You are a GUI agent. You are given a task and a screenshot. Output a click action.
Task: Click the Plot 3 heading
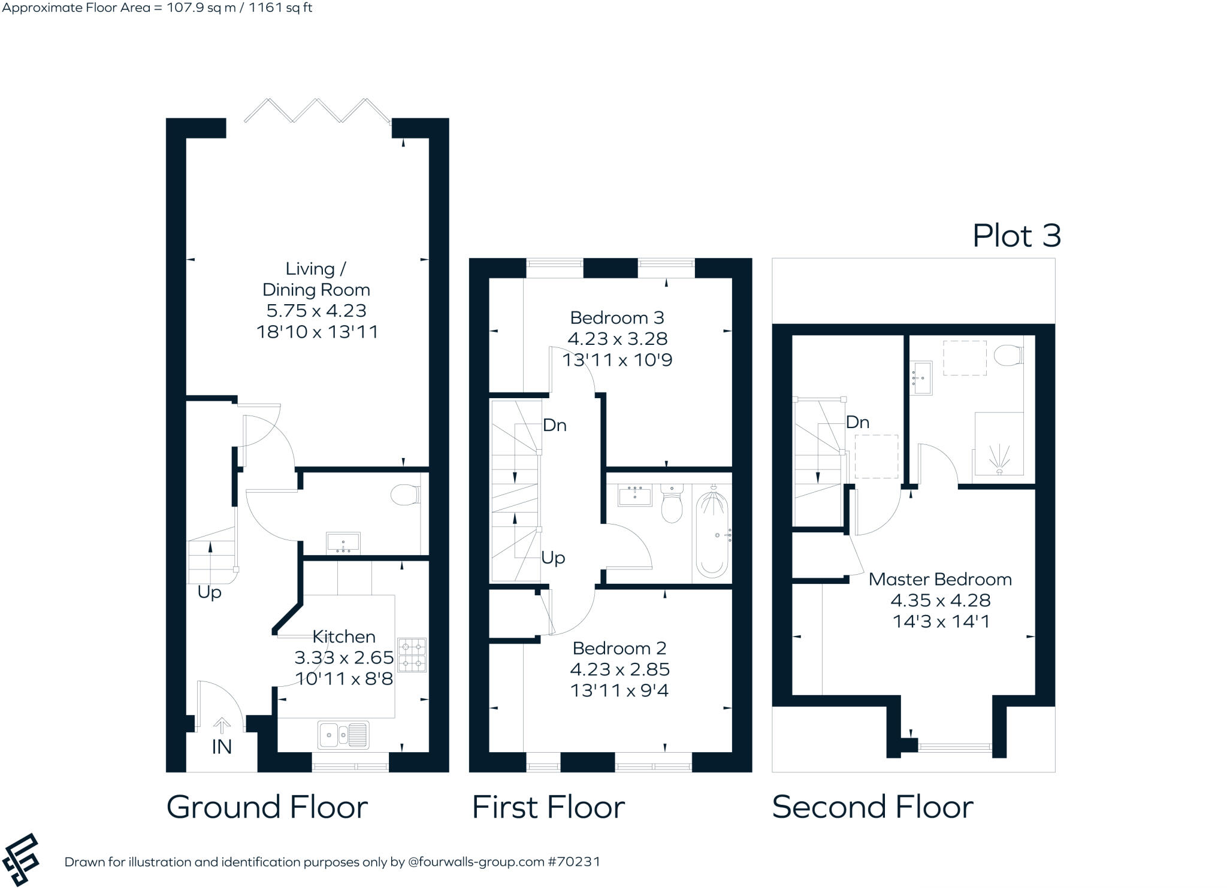pos(1016,236)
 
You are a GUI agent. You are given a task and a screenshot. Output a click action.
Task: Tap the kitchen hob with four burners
pos(412,654)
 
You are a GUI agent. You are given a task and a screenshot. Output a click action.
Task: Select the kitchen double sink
pos(343,735)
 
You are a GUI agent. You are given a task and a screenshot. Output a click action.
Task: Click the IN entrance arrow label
pos(222,746)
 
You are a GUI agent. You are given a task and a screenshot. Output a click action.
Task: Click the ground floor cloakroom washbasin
pos(343,543)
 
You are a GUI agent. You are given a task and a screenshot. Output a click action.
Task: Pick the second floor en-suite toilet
pos(1008,356)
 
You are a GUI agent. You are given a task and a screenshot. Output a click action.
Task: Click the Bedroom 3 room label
pos(616,317)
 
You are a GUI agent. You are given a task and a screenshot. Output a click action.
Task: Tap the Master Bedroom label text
pos(939,579)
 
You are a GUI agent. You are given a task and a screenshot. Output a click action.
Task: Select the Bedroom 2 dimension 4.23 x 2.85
pos(619,669)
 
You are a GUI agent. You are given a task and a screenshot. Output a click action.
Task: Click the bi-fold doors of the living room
pos(317,111)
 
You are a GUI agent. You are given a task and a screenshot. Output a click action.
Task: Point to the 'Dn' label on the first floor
pos(554,425)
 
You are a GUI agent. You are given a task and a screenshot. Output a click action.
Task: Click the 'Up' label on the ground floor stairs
pos(209,592)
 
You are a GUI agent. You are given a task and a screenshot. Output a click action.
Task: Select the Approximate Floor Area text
pos(157,8)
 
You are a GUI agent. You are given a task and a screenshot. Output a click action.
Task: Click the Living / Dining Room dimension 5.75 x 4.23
pos(316,311)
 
